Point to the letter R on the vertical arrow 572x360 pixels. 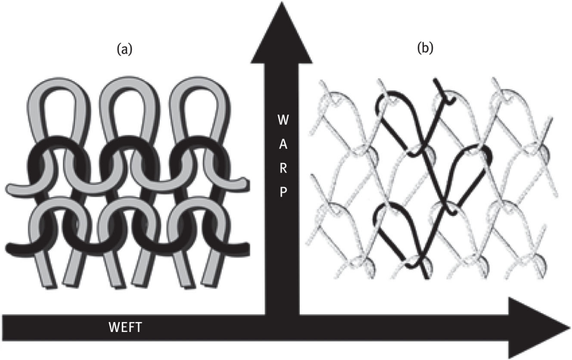pos(282,169)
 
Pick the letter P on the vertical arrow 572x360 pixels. pos(282,193)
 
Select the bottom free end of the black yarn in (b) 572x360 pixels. pos(425,276)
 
